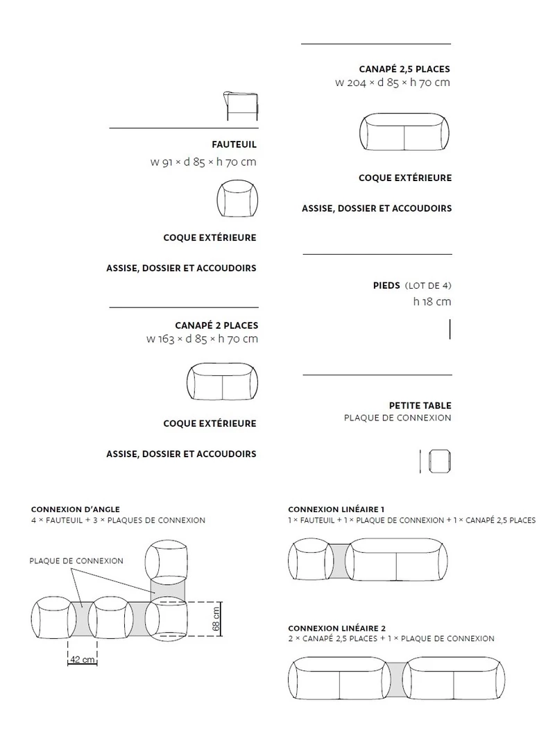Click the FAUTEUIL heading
coord(234,145)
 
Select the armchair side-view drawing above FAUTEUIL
coord(241,105)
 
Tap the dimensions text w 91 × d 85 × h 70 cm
coord(203,163)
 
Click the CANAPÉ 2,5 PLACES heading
coord(404,69)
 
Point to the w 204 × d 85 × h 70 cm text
coord(392,83)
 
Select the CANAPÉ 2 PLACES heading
coord(216,325)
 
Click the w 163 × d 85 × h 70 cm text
coord(202,339)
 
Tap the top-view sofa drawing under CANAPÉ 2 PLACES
coord(222,382)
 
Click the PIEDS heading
coord(386,285)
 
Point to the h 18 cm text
coord(432,302)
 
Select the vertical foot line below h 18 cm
coord(450,329)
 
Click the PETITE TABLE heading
coord(420,406)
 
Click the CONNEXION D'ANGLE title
coord(75,509)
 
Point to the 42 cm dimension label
coord(83,660)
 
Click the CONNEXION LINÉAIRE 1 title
coord(336,509)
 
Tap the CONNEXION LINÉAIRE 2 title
coord(336,627)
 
